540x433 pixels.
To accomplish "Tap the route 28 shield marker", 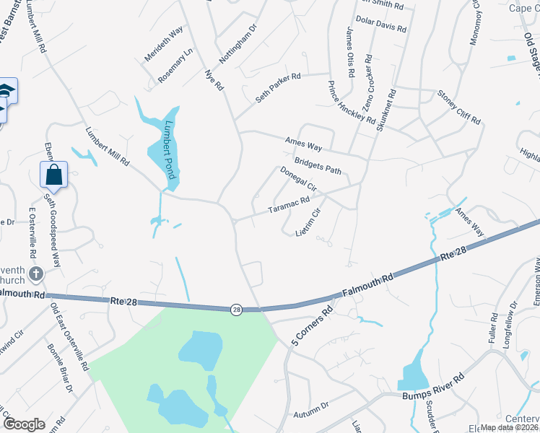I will pos(237,310).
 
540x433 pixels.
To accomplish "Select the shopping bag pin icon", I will pos(54,174).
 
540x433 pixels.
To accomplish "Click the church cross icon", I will pos(36,274).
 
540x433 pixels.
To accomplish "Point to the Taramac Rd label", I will pos(289,206).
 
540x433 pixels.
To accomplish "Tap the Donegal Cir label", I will pos(298,180).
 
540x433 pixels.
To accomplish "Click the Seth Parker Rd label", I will pos(287,87).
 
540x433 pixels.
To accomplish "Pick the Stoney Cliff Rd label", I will pos(458,106).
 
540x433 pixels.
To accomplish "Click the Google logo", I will pos(25,424).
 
